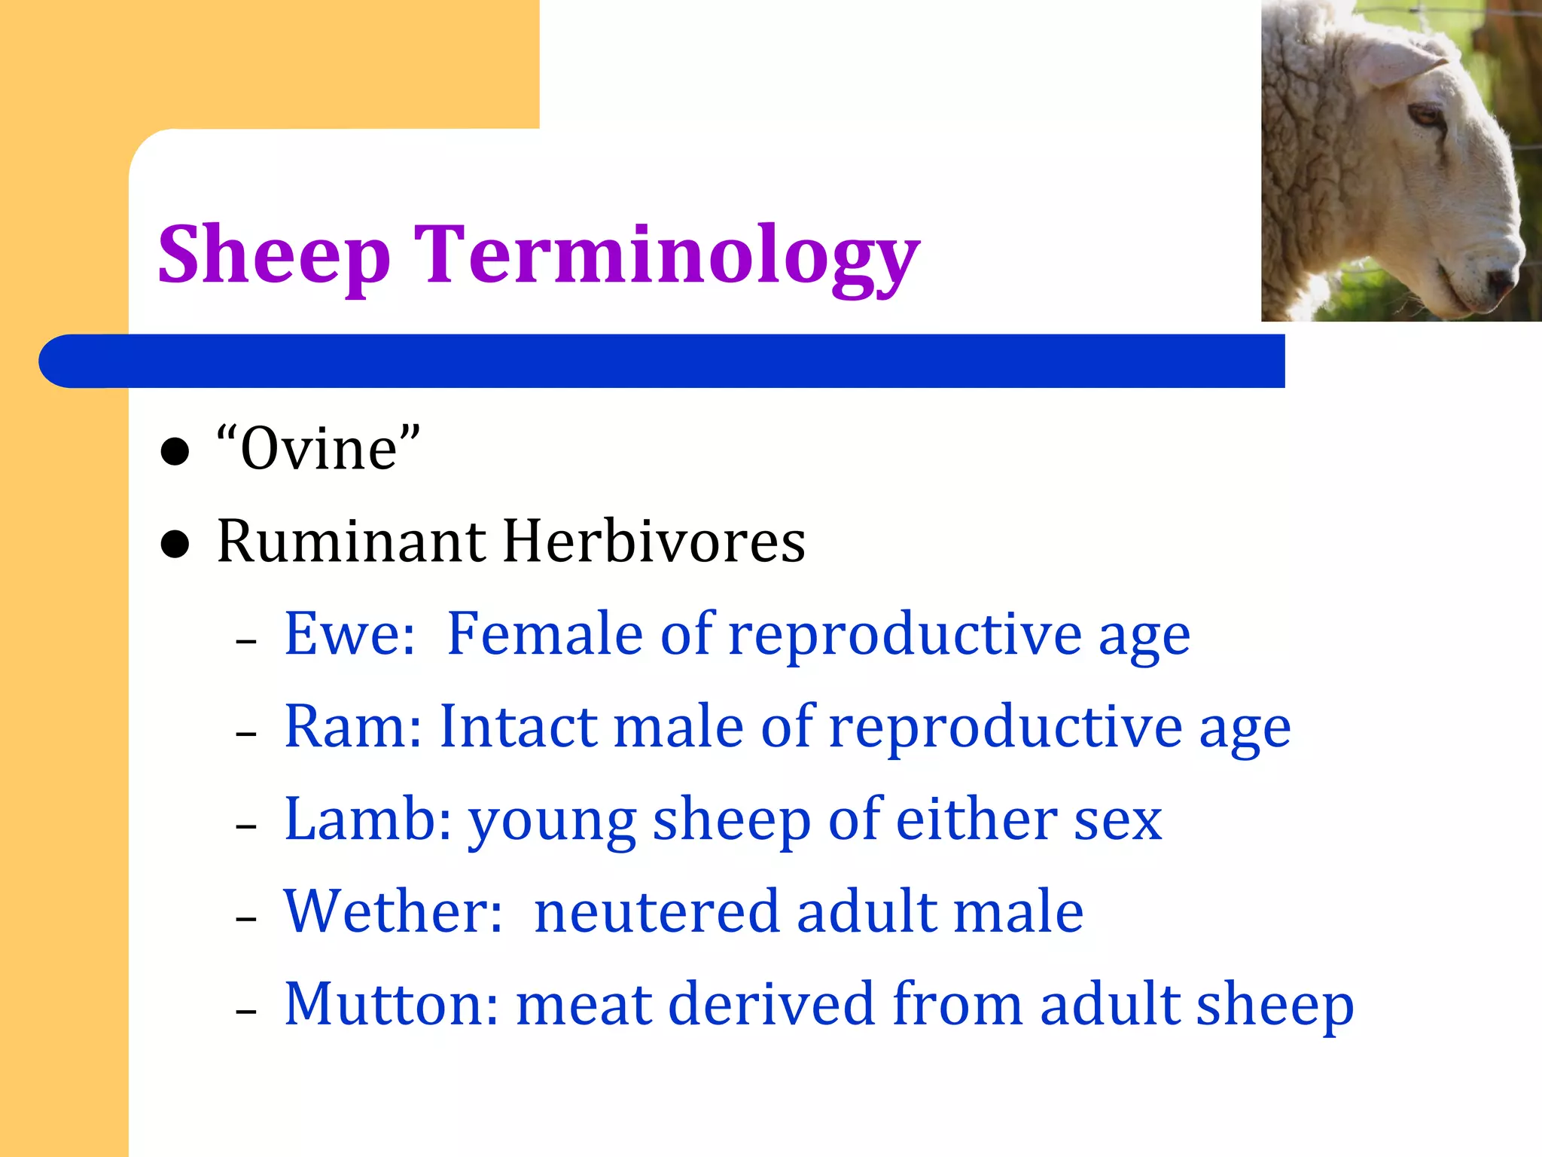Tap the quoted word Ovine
318,449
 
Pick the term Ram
353,727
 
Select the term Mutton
391,1004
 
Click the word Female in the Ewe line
544,634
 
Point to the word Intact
519,727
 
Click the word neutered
656,911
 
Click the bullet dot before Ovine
175,452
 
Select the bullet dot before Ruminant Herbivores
175,544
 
